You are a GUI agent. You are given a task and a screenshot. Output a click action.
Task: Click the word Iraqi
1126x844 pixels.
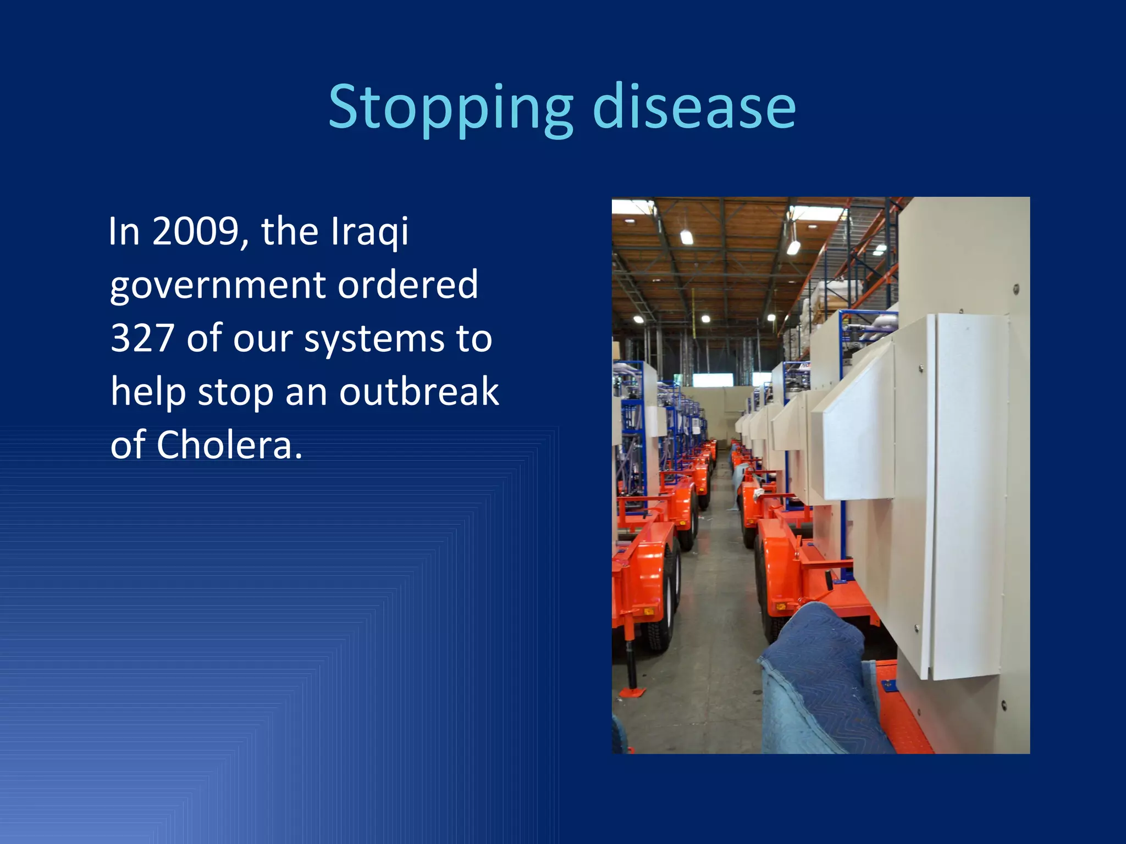pyautogui.click(x=370, y=232)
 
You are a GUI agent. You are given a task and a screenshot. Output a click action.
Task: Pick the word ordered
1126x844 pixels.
pyautogui.click(x=407, y=285)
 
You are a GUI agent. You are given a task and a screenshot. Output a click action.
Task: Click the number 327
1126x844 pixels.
pyautogui.click(x=142, y=338)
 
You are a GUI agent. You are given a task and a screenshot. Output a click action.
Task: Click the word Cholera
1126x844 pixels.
pyautogui.click(x=229, y=445)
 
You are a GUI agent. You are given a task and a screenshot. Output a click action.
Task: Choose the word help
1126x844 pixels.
pyautogui.click(x=147, y=392)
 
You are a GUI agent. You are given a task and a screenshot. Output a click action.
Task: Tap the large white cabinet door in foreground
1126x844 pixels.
pyautogui.click(x=970, y=495)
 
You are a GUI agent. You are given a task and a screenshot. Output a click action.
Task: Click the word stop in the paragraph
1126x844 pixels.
pyautogui.click(x=235, y=392)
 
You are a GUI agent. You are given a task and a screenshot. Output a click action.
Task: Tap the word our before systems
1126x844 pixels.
pyautogui.click(x=262, y=339)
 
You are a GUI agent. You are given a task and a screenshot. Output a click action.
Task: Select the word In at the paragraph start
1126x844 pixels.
pyautogui.click(x=124, y=231)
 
